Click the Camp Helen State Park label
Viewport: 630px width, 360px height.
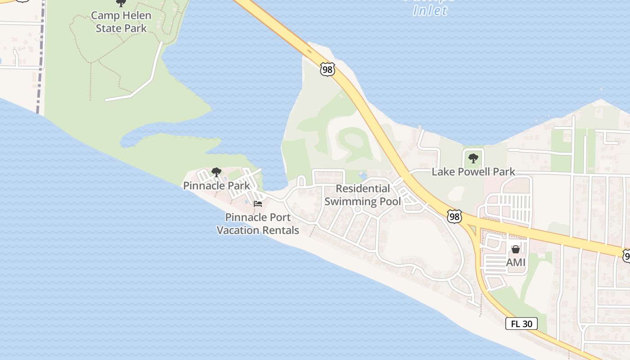coord(121,22)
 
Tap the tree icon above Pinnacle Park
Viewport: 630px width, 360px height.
coord(216,172)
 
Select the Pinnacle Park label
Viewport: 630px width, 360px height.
coord(216,185)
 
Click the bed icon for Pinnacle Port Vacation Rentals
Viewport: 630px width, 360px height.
coord(258,204)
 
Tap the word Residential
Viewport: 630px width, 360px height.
coord(363,189)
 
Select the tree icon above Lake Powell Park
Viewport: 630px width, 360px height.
coord(473,158)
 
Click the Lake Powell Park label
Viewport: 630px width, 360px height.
coord(473,171)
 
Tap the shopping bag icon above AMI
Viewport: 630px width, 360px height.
coord(516,249)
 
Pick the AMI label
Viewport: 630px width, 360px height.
coord(516,261)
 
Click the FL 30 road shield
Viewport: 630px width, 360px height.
coord(521,324)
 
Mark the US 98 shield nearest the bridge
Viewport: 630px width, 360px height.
coord(328,69)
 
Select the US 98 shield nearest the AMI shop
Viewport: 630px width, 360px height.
coord(454,216)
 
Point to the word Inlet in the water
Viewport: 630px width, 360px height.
coord(430,11)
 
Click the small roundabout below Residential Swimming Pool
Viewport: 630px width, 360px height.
coord(358,209)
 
